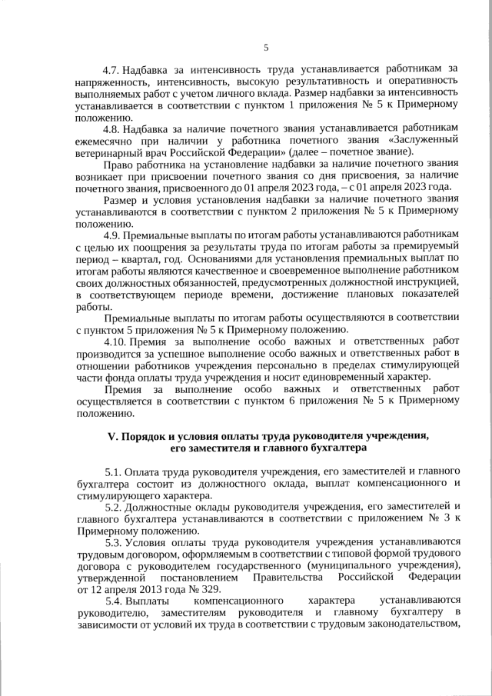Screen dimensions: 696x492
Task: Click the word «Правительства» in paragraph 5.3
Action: coord(295,577)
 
